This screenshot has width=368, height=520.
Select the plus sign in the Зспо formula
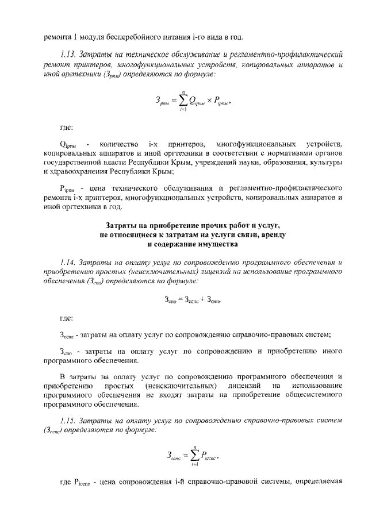[190, 299]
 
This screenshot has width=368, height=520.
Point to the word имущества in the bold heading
[209, 244]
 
